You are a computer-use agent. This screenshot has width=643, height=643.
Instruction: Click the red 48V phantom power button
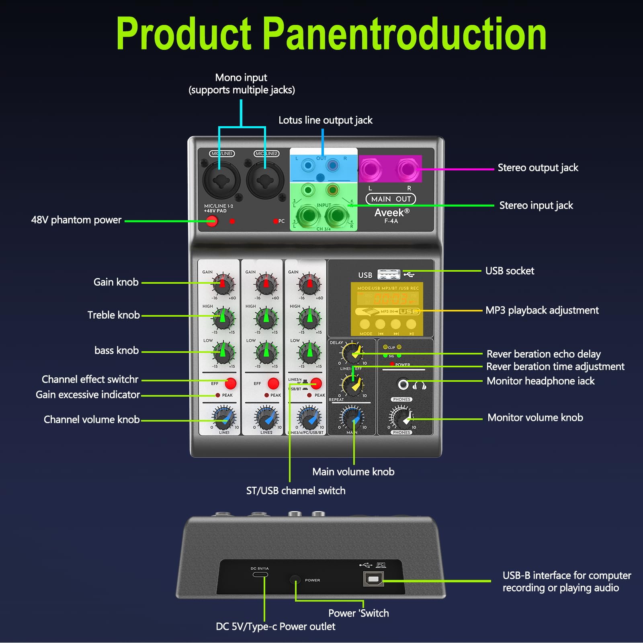pos(211,221)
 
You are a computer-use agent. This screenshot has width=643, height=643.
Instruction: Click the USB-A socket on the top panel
pos(389,274)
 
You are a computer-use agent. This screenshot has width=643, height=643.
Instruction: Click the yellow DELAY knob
pos(352,353)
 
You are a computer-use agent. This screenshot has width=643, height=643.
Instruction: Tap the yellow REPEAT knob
pos(352,385)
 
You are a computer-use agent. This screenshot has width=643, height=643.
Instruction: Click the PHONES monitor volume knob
pos(401,418)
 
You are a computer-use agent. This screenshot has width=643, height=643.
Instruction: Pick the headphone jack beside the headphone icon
pos(403,385)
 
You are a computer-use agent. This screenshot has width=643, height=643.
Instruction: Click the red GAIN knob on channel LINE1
pos(223,284)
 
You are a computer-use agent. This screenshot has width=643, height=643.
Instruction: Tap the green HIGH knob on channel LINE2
pos(266,318)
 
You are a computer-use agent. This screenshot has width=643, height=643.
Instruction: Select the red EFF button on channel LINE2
pos(273,383)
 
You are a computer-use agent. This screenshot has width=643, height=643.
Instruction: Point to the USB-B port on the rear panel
pos(373,579)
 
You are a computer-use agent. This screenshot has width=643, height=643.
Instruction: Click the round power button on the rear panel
pos(295,580)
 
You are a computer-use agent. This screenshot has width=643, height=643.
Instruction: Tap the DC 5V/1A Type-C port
pos(260,574)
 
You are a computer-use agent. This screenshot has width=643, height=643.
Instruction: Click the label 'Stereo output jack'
pos(538,168)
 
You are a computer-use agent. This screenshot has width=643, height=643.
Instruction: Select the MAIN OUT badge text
pos(391,199)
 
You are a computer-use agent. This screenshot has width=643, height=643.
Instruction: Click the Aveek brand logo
pos(391,213)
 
